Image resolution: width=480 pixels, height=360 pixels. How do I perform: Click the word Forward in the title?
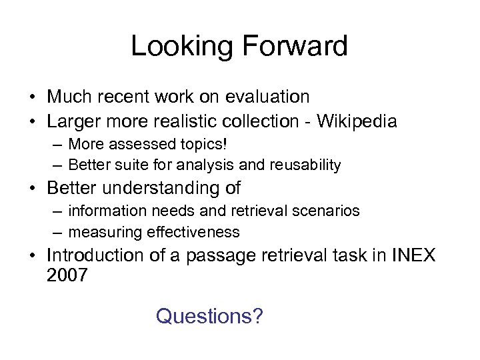pyautogui.click(x=294, y=47)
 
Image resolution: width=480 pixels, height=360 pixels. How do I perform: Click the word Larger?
pyautogui.click(x=73, y=121)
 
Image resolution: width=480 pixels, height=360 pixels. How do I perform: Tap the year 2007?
pyautogui.click(x=67, y=275)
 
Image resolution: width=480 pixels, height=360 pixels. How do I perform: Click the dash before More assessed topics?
pyautogui.click(x=59, y=144)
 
